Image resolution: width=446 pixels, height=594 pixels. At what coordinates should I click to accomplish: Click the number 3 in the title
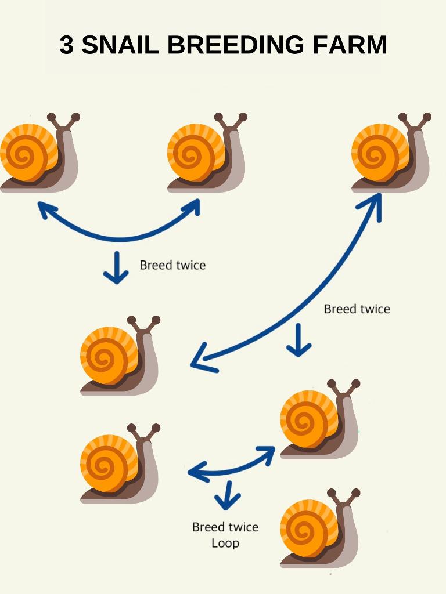coord(66,45)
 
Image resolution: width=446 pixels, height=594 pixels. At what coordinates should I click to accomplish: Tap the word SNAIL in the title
coord(120,45)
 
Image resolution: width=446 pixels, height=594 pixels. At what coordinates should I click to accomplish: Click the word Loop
coord(225,544)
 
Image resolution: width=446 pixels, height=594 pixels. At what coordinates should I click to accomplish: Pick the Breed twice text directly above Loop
coord(225,527)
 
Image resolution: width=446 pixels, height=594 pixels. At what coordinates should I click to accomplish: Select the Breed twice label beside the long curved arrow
coord(357,309)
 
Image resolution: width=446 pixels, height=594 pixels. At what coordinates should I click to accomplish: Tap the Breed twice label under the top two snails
coord(172,265)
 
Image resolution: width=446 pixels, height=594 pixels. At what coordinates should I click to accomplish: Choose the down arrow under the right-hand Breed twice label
coord(299,340)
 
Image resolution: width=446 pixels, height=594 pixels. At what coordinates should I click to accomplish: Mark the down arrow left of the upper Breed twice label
coord(117,267)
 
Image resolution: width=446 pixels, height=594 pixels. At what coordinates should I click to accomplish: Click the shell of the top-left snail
coord(26,153)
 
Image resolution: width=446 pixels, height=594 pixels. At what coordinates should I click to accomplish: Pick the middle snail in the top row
coord(206,154)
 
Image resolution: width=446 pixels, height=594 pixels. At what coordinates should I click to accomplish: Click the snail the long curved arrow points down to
coord(119,357)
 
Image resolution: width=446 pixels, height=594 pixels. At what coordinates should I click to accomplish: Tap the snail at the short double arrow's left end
coord(119,464)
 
